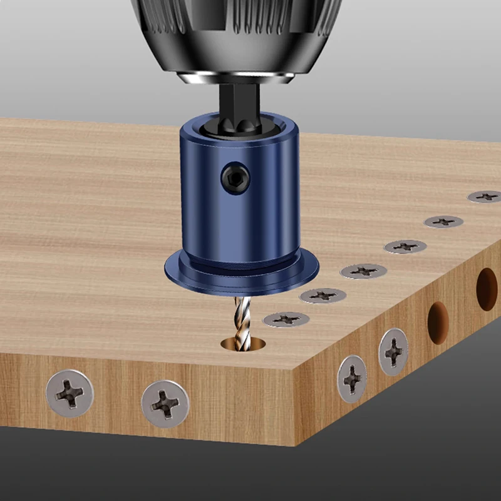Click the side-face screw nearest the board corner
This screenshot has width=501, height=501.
coord(352,378)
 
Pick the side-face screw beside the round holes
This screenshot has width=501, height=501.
coord(393,351)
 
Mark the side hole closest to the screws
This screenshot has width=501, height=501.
coord(438,323)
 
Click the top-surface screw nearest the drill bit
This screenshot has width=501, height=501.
coord(286,319)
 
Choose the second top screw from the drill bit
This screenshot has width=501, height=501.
coord(323,295)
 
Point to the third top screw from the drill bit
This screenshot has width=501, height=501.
coord(363,271)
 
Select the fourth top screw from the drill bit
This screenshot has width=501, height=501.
coord(405,246)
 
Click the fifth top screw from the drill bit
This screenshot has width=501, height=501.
coord(443,221)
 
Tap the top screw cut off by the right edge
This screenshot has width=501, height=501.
coord(485,197)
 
